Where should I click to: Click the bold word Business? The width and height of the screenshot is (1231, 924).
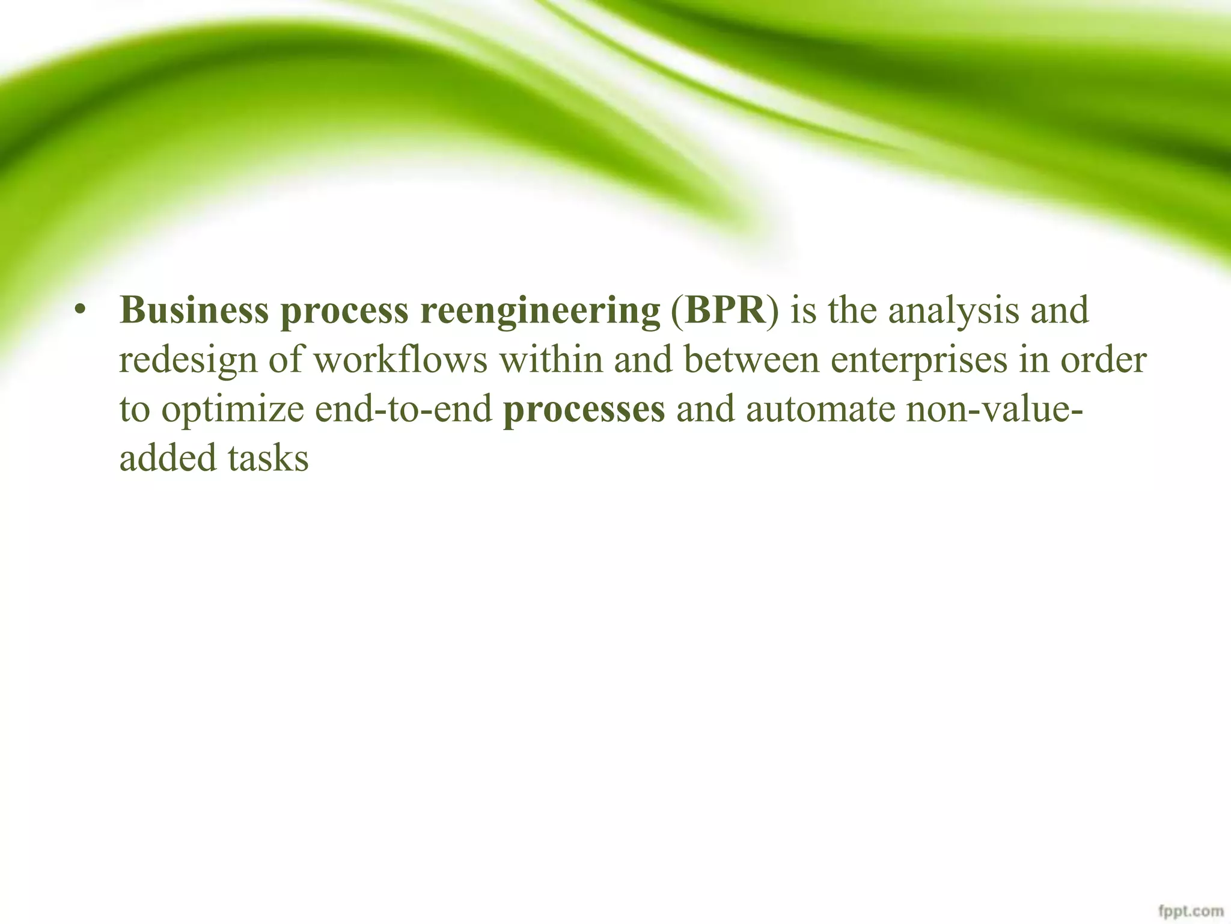click(x=194, y=311)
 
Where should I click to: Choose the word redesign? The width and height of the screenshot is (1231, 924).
click(x=188, y=362)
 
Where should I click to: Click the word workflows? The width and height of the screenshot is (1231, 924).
click(x=400, y=360)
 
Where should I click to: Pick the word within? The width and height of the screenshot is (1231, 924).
click(x=551, y=360)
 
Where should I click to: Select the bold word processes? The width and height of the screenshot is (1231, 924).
click(x=584, y=411)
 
